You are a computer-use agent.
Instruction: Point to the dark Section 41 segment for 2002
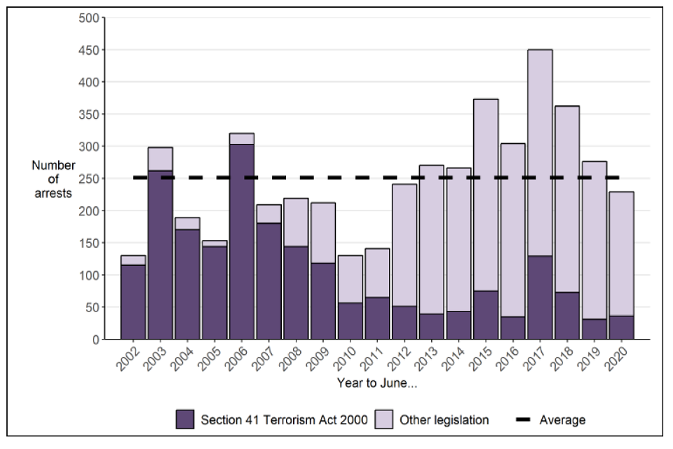(133, 302)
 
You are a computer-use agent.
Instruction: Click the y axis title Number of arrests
(53, 179)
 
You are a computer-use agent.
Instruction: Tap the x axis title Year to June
(377, 383)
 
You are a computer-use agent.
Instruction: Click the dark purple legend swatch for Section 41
(186, 420)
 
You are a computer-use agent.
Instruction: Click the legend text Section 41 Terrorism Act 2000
(283, 420)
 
